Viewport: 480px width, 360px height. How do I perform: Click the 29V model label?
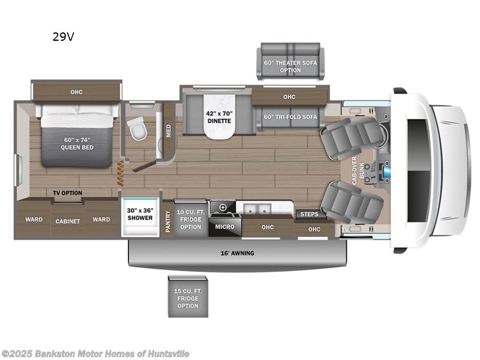pos(63,37)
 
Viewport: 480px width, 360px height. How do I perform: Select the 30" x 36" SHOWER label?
pos(140,215)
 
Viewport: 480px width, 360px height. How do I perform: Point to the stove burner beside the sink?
pos(223,208)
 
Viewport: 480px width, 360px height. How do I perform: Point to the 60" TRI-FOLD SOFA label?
pos(290,116)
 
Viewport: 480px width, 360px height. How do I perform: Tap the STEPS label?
pos(309,214)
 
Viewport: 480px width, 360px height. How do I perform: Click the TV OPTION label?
pos(67,193)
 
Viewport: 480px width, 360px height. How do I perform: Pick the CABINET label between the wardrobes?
pos(68,221)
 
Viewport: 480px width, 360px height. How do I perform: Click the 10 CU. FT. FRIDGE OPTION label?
pos(191,219)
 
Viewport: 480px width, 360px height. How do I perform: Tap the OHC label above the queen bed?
pos(76,92)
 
